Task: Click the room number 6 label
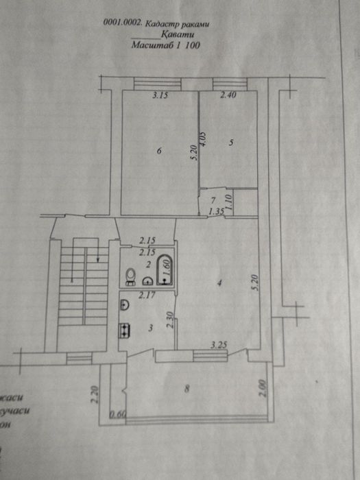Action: (159, 153)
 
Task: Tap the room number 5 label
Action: (231, 143)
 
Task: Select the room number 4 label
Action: (218, 282)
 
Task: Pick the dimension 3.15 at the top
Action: (161, 96)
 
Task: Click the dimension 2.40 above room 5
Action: (228, 96)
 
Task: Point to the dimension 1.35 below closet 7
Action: (217, 212)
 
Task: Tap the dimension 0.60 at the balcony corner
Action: (117, 413)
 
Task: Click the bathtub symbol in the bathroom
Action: (165, 269)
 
